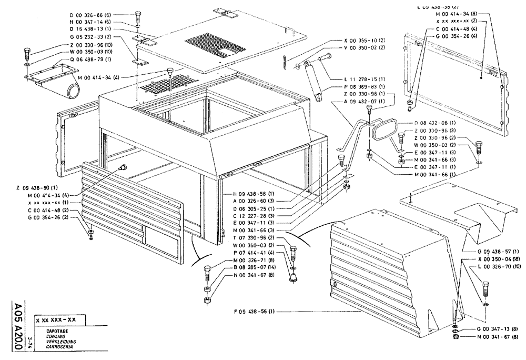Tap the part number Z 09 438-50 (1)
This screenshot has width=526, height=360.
click(39, 188)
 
